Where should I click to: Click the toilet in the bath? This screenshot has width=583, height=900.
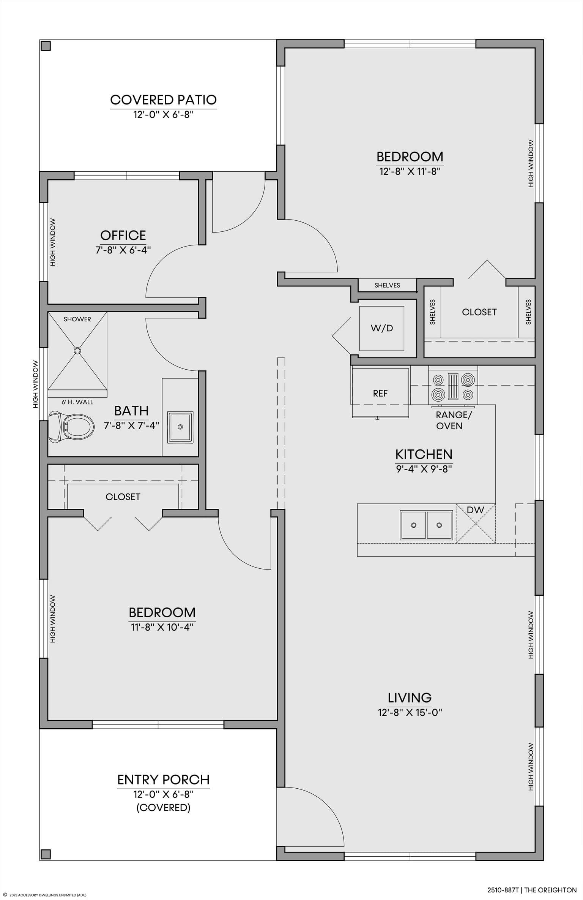click(71, 427)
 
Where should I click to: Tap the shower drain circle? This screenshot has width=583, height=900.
click(77, 350)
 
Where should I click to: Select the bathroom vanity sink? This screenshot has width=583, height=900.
click(180, 427)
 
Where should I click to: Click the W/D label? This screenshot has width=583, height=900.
click(382, 328)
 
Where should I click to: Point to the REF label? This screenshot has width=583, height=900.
click(380, 393)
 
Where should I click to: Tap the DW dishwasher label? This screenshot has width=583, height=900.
click(476, 510)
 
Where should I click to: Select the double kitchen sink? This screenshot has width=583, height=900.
click(426, 525)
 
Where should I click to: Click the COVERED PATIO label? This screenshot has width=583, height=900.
click(164, 100)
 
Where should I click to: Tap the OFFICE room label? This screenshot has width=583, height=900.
click(123, 236)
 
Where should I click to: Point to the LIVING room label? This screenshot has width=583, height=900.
click(410, 698)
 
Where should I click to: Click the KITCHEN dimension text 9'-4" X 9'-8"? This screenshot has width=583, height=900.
click(424, 469)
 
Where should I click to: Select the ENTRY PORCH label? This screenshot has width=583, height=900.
click(164, 780)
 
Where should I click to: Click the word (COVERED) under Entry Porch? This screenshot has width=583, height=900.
click(164, 808)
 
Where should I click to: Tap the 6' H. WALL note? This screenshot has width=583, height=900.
click(77, 402)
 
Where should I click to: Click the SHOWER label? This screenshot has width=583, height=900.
click(77, 319)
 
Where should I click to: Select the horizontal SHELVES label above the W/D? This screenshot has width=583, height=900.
click(387, 285)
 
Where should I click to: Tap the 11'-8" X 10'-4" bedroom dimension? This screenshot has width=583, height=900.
click(162, 627)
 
